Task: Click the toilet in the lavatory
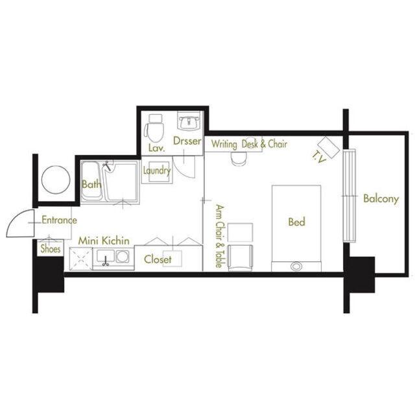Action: (x=154, y=128)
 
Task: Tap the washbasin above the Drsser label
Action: (x=189, y=121)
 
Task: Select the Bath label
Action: (x=91, y=184)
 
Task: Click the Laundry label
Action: (x=157, y=171)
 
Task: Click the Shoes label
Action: (x=51, y=248)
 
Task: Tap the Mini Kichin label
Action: (x=104, y=241)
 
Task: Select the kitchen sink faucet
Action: (x=106, y=261)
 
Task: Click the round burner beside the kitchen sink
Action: (x=123, y=256)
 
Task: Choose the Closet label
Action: (x=158, y=259)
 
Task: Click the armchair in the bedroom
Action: (x=240, y=258)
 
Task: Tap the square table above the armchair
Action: (x=240, y=232)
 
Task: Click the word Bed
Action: (x=297, y=222)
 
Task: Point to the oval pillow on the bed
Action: (x=296, y=266)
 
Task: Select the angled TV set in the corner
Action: (x=329, y=147)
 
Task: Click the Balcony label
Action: (x=381, y=199)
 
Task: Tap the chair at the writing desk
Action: (x=239, y=159)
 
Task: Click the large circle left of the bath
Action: (x=56, y=180)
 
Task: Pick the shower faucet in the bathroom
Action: (x=106, y=166)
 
